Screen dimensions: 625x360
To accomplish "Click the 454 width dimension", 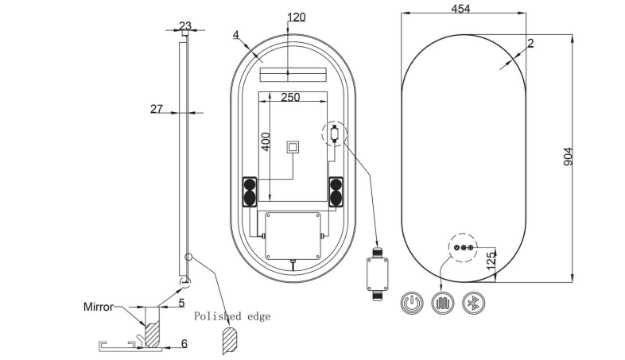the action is (460, 9).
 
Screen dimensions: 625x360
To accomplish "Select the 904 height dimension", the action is (568, 157).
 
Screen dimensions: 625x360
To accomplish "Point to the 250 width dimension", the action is (290, 97).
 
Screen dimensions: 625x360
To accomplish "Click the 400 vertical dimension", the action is (266, 141).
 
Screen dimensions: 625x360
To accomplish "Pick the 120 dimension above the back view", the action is (296, 17).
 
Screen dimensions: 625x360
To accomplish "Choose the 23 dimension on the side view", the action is (185, 26).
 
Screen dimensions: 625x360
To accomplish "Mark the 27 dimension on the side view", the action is (157, 108).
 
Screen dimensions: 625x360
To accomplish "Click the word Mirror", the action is (99, 307).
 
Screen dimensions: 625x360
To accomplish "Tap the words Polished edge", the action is (232, 316).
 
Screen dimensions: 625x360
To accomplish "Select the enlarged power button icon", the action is (412, 303).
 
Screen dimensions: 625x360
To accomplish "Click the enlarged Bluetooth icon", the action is (474, 303).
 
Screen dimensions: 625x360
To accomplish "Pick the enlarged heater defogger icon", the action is (443, 303).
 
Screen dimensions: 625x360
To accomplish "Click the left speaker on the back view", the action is (250, 192).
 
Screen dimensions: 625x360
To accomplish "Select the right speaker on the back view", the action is (336, 192).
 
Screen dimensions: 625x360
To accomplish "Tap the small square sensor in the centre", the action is (293, 147).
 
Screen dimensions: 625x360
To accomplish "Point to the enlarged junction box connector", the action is (378, 274).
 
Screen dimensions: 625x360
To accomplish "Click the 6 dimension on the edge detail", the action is (184, 343).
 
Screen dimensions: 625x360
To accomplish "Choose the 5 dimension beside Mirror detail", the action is (181, 303).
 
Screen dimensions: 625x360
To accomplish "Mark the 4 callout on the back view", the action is (236, 35).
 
